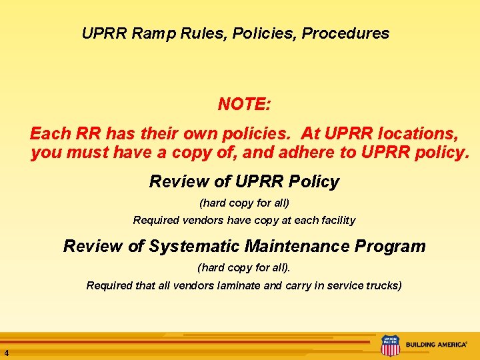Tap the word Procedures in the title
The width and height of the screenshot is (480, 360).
click(346, 33)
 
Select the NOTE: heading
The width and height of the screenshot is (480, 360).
click(244, 105)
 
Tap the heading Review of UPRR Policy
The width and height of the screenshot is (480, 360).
click(244, 181)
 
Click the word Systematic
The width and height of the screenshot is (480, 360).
click(193, 246)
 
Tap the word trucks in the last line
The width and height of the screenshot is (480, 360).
click(383, 286)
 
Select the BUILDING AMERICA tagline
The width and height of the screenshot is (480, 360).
click(437, 345)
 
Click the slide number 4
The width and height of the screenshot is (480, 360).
click(5, 353)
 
